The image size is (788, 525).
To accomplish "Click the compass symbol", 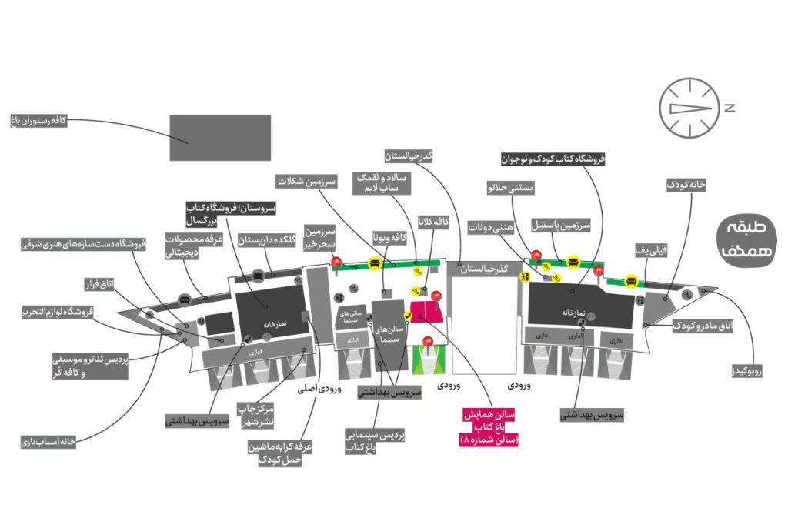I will tap(689, 107).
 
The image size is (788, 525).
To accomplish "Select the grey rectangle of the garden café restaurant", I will tap(220, 137).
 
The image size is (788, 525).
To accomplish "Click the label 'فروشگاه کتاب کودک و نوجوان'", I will tap(553, 158).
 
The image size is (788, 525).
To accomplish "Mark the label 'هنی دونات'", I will tap(490, 227).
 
